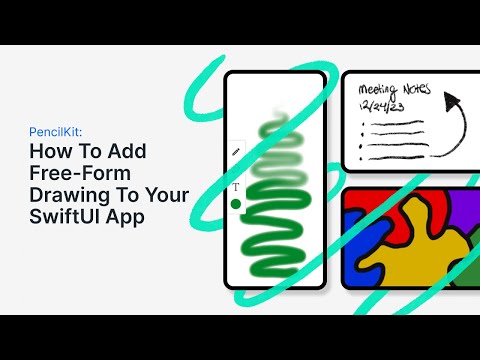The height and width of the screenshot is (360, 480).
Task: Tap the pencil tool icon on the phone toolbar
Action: click(236, 151)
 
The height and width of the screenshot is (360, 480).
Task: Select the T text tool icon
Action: click(236, 187)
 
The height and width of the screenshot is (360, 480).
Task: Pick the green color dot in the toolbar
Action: click(236, 204)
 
